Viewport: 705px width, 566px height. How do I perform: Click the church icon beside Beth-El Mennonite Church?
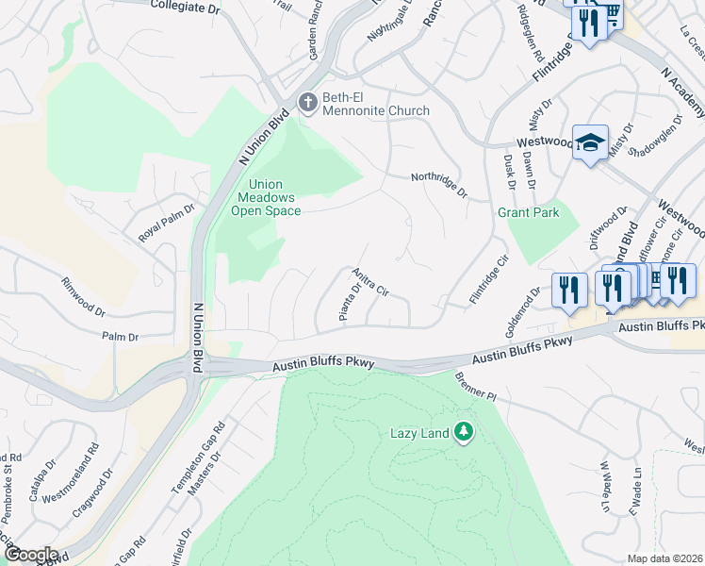click(x=306, y=102)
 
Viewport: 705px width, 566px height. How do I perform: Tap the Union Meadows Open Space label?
click(x=266, y=197)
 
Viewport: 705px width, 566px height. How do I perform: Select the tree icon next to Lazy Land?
click(x=463, y=433)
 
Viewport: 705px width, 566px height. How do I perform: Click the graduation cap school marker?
click(x=590, y=142)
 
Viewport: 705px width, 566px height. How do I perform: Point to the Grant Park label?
click(x=528, y=212)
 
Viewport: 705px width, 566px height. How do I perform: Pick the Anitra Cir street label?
click(x=370, y=281)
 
